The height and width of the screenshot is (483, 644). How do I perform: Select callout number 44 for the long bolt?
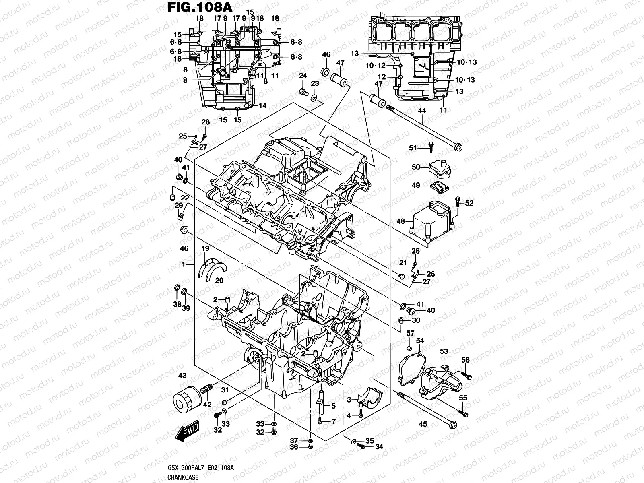pyautogui.click(x=422, y=110)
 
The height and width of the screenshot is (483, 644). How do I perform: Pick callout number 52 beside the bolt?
pyautogui.click(x=469, y=203)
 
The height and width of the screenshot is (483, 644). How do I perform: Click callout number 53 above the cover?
pyautogui.click(x=444, y=351)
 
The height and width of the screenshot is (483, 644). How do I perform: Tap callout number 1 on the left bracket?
pyautogui.click(x=184, y=264)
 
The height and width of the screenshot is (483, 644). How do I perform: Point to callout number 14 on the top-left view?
pyautogui.click(x=263, y=105)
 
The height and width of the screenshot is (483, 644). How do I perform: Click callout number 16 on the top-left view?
pyautogui.click(x=178, y=59)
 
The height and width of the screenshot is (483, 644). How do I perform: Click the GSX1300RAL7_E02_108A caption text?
pyautogui.click(x=201, y=467)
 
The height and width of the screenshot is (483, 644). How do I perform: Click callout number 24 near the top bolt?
pyautogui.click(x=303, y=76)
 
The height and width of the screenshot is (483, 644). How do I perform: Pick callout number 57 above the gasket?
pyautogui.click(x=410, y=333)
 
